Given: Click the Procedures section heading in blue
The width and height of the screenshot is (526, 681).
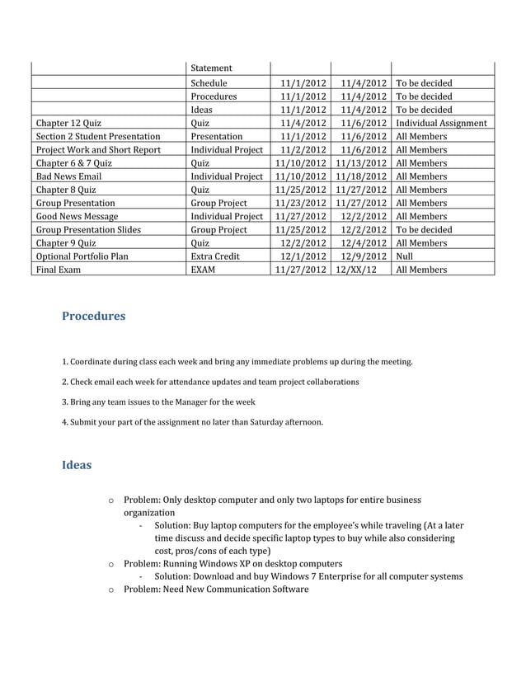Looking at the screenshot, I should tap(93, 316).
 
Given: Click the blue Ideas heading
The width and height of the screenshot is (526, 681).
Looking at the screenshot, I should tap(77, 464).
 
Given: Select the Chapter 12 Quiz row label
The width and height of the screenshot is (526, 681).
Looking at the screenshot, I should tap(68, 123).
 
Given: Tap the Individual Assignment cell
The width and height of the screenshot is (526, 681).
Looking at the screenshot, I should tap(441, 123).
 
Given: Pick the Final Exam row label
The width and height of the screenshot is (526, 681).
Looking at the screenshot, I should tap(58, 269).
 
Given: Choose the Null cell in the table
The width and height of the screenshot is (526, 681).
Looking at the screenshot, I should tap(406, 256).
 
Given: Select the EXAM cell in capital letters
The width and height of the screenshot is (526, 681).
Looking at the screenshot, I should tap(203, 269).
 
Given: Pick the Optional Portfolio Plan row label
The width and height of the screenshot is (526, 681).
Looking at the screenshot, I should tap(82, 256).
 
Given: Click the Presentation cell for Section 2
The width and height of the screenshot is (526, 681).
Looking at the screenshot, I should tap(217, 136).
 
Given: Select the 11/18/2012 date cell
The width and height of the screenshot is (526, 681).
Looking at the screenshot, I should tap(361, 176).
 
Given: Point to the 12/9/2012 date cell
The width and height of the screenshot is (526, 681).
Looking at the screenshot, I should tap(364, 256).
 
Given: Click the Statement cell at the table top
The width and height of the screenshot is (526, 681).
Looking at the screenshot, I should tap(211, 68).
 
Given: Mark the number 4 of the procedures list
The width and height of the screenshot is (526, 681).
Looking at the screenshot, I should tap(64, 423).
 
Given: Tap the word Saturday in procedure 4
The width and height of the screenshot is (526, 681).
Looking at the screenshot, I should tap(270, 423).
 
